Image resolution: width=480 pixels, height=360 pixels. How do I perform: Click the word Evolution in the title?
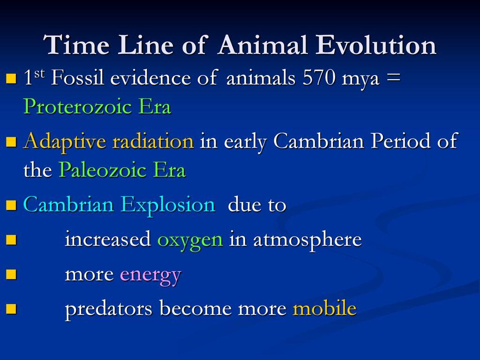tap(376, 46)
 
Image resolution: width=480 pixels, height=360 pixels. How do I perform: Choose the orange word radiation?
tap(153, 141)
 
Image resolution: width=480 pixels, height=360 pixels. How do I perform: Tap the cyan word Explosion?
tap(168, 205)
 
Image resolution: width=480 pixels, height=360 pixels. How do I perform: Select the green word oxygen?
tap(190, 240)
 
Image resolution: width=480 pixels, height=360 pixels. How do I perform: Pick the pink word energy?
tap(150, 275)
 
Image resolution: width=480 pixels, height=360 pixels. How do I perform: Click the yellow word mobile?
tap(324, 309)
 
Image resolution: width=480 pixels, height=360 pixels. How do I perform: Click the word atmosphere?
tap(307, 240)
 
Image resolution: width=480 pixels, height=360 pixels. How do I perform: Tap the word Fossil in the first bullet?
tap(78, 78)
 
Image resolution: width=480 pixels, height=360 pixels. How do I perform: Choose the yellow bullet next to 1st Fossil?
tap(12, 79)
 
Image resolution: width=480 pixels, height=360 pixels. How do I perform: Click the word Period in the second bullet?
tap(399, 141)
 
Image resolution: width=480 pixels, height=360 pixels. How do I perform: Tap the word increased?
tap(107, 240)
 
